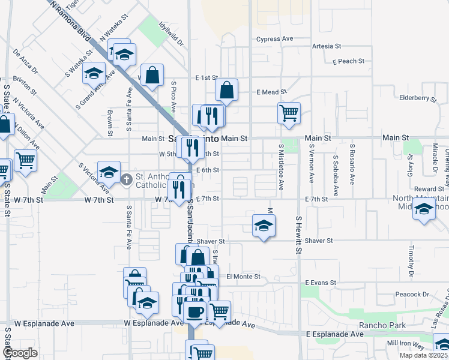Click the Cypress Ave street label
click(274, 39)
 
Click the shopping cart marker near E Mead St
click(289, 112)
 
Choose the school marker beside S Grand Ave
click(94, 74)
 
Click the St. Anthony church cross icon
click(127, 179)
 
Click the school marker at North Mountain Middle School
click(424, 209)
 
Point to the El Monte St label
click(243, 277)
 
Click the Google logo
click(20, 353)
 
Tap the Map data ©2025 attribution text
click(423, 355)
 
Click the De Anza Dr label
click(25, 62)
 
